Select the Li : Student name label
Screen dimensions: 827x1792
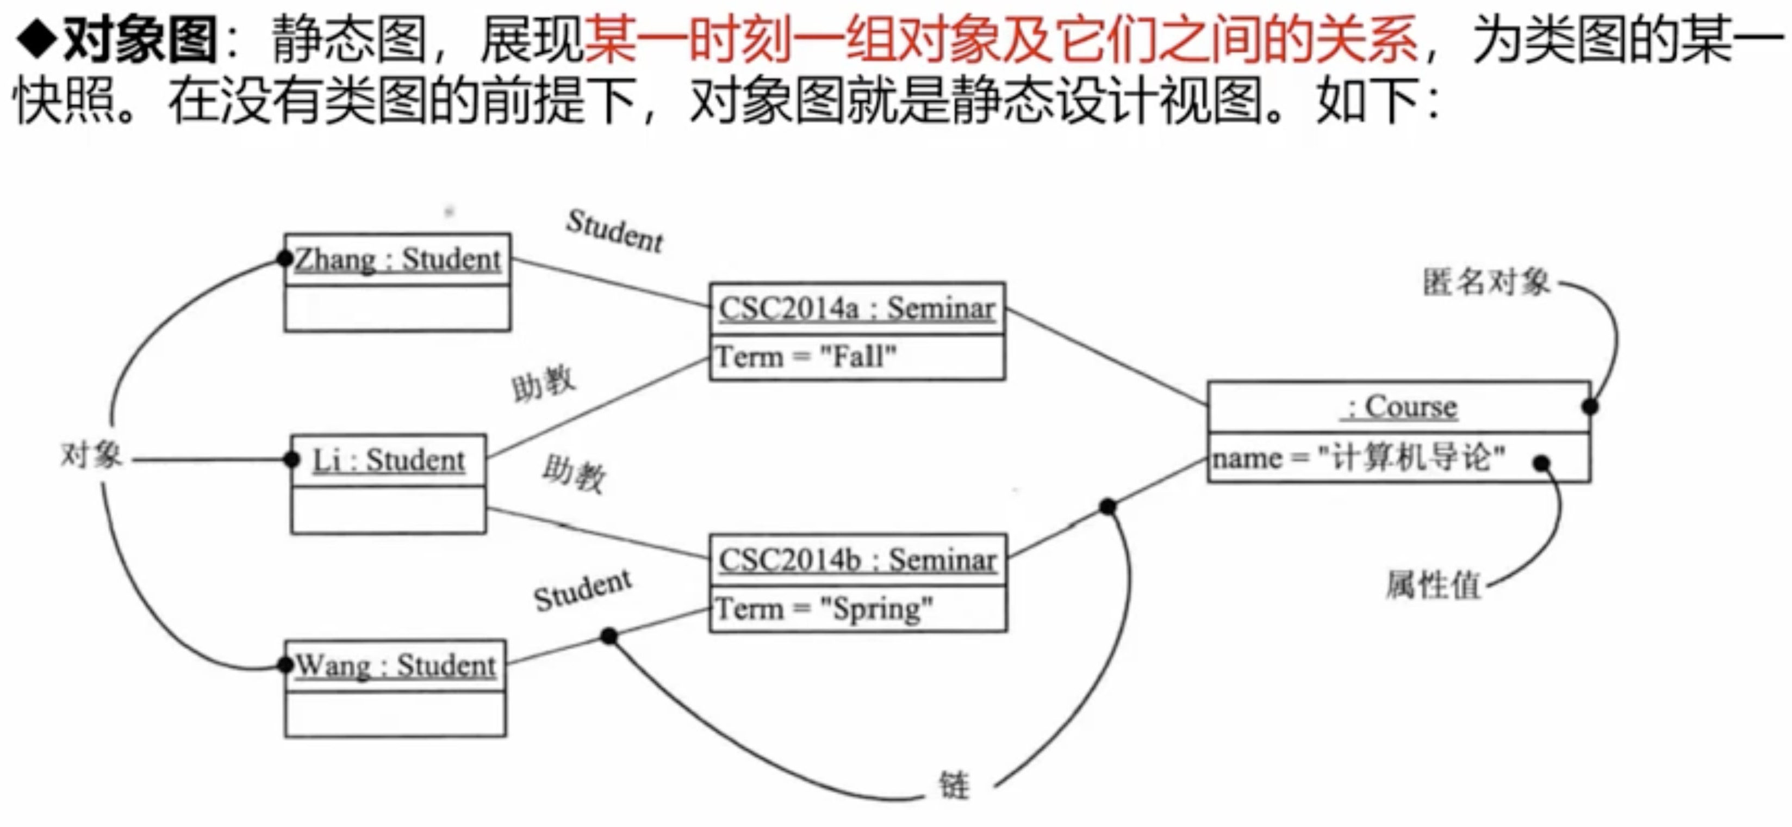tap(388, 460)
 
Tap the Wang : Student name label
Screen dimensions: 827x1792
tap(395, 665)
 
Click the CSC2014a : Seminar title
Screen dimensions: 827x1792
tap(856, 308)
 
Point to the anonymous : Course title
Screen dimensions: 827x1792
tap(1399, 406)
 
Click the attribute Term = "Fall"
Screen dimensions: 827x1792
tap(806, 357)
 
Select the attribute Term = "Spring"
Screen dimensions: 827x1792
tap(824, 609)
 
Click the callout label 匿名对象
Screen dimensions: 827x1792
tap(1486, 282)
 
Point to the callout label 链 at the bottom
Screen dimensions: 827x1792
tap(954, 785)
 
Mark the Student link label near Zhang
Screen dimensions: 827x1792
tap(614, 231)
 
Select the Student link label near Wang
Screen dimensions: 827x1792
tap(583, 590)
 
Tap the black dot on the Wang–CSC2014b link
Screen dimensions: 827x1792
tap(609, 635)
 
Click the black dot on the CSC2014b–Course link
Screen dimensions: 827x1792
tap(1108, 507)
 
